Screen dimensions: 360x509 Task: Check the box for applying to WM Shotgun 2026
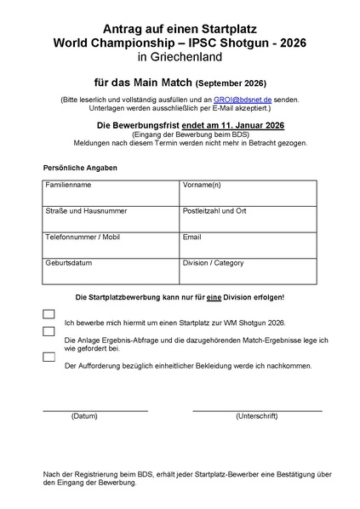click(49, 314)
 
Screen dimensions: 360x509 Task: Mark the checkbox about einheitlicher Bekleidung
click(49, 357)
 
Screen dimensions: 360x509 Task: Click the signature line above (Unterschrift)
click(256, 409)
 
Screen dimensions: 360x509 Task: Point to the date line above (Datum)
click(94, 409)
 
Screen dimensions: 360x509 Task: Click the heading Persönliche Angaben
click(80, 168)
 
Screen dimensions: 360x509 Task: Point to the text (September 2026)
click(231, 83)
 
